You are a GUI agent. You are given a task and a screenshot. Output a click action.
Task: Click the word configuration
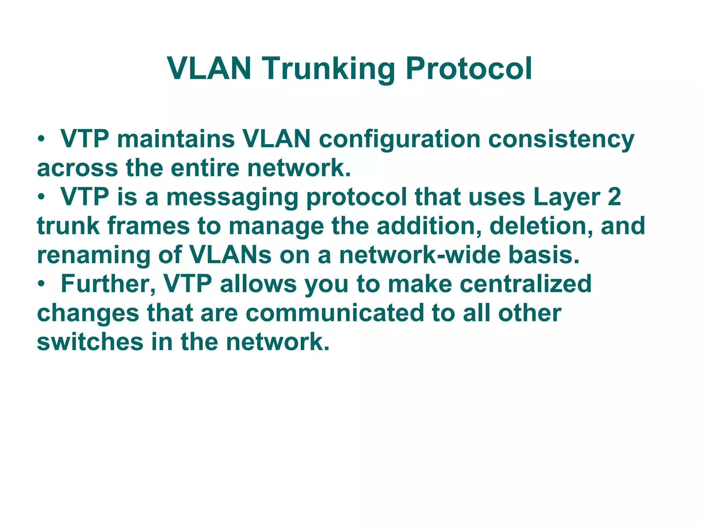(x=400, y=140)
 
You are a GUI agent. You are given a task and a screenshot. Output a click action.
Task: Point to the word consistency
(x=561, y=140)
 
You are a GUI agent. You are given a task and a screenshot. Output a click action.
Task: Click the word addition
(x=429, y=226)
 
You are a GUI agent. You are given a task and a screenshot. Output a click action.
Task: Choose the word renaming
(x=93, y=256)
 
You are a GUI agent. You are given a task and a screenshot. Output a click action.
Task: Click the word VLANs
(x=230, y=255)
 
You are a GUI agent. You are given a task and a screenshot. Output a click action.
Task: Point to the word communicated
(x=335, y=313)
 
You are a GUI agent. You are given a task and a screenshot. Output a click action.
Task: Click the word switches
(x=90, y=342)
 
